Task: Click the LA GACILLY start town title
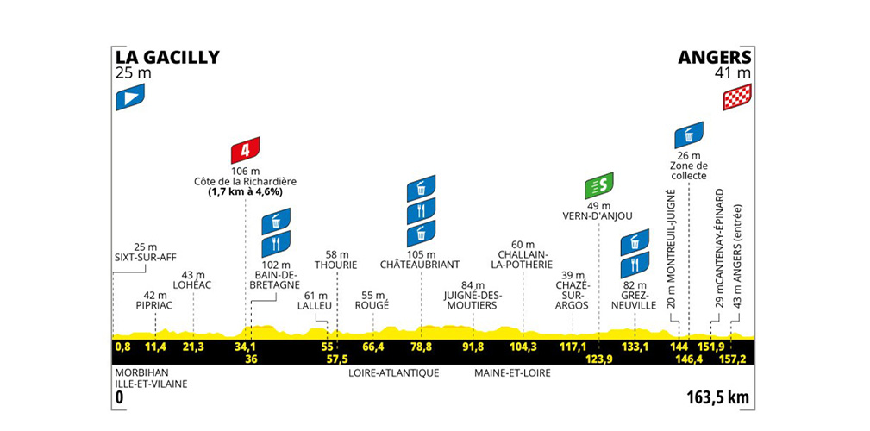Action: (x=167, y=58)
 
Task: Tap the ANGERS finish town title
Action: (x=714, y=58)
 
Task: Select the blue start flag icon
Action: (x=129, y=96)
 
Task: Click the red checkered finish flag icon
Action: (x=737, y=97)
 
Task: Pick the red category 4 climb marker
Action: (x=245, y=151)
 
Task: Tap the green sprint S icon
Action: (x=598, y=184)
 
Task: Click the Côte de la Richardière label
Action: (x=245, y=182)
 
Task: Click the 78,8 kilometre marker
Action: (x=421, y=347)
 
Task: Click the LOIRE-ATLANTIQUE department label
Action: (x=394, y=373)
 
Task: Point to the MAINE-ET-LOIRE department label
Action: (x=511, y=373)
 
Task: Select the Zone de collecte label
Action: (x=688, y=170)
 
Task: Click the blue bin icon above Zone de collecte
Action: (x=689, y=134)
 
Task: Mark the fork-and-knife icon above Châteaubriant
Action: (x=421, y=210)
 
